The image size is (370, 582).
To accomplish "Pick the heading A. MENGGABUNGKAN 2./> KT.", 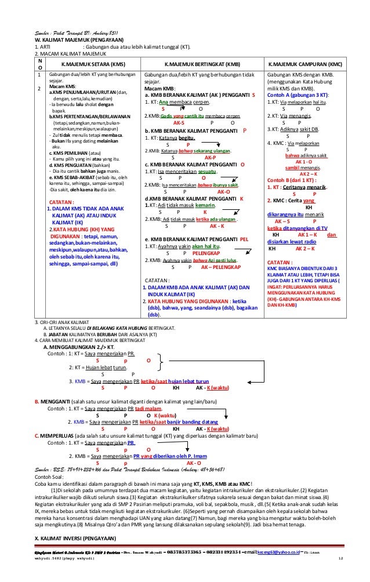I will point(82,347).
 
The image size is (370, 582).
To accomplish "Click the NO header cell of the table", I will point(39,63).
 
